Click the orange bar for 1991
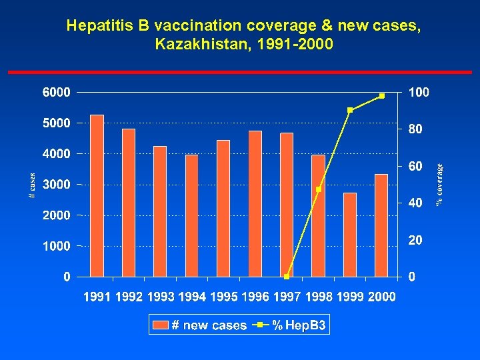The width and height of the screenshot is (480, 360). tap(97, 195)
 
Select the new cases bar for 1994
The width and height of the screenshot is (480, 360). tap(192, 215)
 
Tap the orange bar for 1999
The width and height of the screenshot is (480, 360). tap(350, 234)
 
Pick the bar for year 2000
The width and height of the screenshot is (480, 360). tap(381, 225)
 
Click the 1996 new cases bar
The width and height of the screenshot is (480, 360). tap(255, 203)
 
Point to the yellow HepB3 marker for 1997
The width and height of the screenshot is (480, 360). tap(287, 276)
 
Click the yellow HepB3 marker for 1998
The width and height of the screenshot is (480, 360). tap(319, 189)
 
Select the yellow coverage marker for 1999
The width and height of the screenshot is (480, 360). tap(350, 110)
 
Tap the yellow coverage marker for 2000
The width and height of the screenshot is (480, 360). tap(381, 96)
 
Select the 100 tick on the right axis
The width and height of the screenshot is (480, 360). tap(419, 93)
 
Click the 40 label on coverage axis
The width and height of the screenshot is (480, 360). tap(415, 203)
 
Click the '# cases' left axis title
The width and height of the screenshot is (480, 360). tap(32, 185)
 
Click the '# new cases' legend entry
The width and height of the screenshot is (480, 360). tap(200, 325)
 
